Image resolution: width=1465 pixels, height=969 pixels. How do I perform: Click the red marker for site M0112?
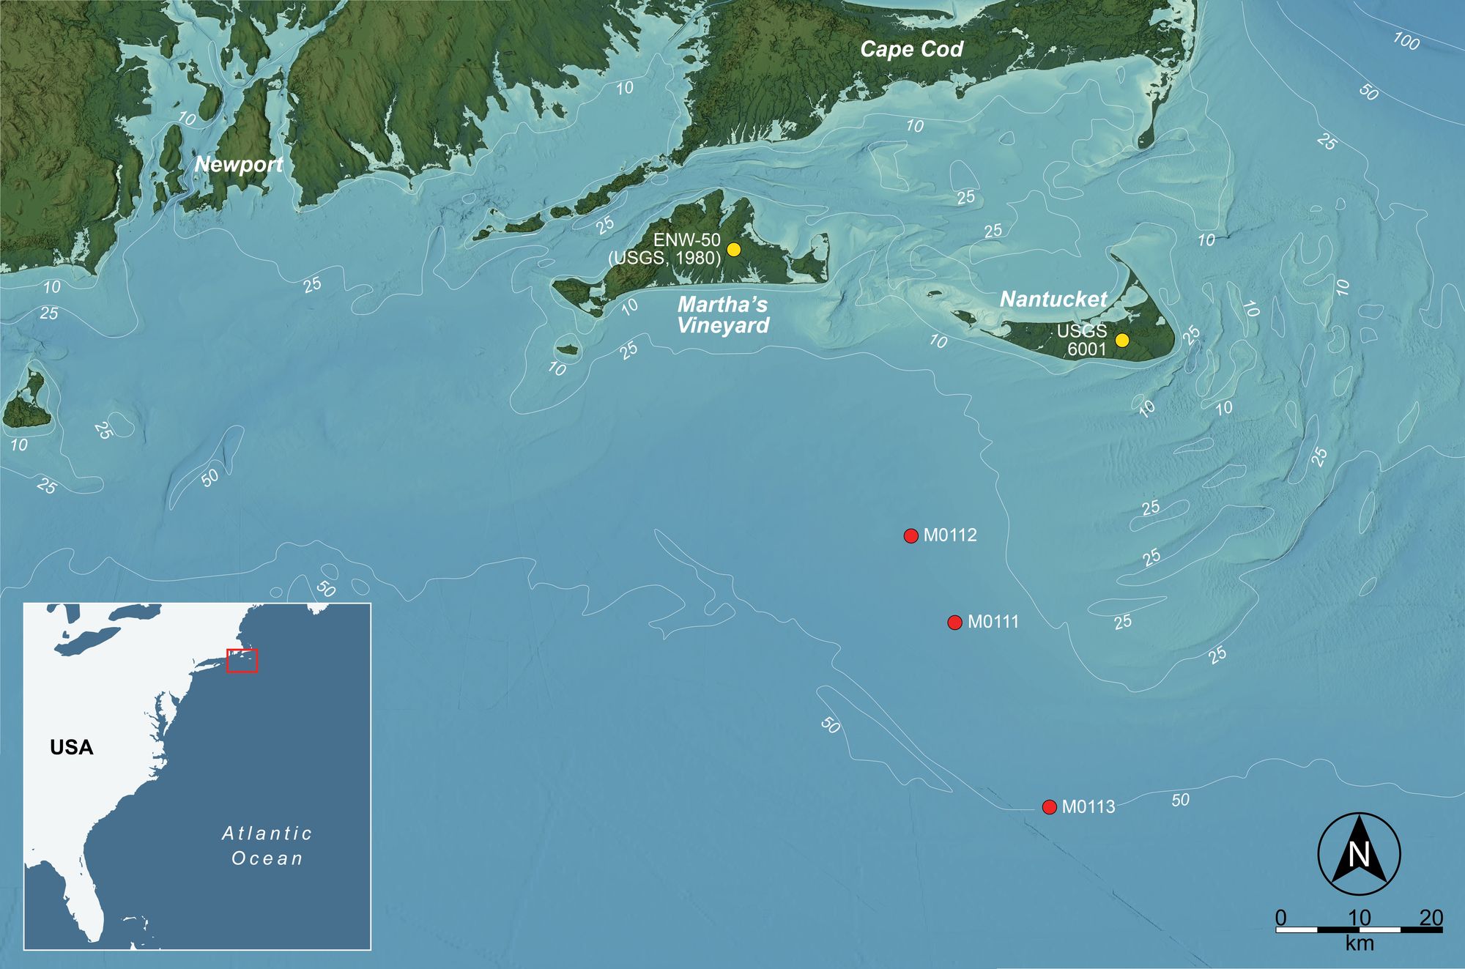[x=910, y=536]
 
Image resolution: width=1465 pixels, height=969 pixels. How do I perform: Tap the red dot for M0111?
[x=954, y=623]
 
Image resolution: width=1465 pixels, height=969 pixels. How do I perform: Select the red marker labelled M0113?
[x=1049, y=807]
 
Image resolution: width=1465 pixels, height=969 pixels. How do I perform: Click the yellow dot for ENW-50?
[x=733, y=250]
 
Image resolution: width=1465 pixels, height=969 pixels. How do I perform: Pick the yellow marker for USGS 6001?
[x=1121, y=341]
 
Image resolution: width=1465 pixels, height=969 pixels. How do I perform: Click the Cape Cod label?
[x=911, y=50]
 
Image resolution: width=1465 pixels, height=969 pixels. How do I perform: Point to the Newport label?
[x=238, y=164]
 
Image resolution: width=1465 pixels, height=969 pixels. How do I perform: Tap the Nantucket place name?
[x=1053, y=299]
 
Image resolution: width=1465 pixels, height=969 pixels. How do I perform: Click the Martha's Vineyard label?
[x=723, y=315]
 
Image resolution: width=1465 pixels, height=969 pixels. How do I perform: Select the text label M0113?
[x=1088, y=807]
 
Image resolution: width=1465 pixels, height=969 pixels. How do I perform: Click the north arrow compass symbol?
[x=1359, y=854]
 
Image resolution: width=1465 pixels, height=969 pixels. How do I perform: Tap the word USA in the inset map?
[x=72, y=747]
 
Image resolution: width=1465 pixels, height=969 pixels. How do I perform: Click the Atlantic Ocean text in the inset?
[x=267, y=846]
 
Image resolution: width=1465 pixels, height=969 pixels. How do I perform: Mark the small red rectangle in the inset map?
[x=242, y=661]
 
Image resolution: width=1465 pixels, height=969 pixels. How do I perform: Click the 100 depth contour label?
[x=1406, y=42]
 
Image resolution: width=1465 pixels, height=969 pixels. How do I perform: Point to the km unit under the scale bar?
[x=1359, y=944]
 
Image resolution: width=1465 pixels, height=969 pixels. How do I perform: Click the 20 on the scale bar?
[x=1431, y=918]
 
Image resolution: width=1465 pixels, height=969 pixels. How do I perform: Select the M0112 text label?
[x=950, y=535]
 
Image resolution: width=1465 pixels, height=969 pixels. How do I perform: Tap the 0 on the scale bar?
[x=1280, y=918]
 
